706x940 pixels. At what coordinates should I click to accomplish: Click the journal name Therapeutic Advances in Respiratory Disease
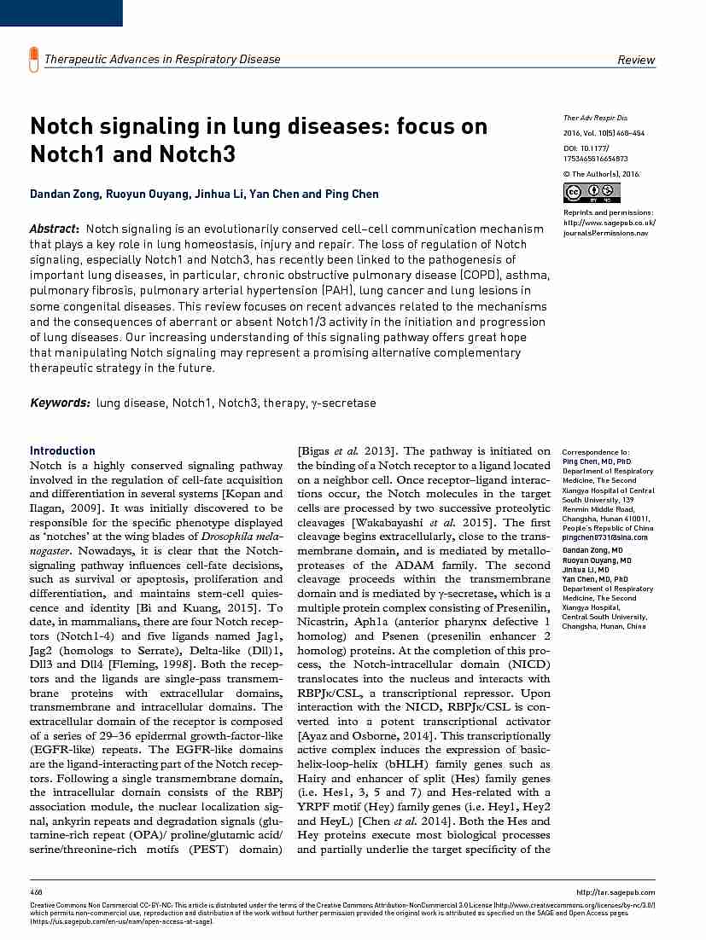point(162,59)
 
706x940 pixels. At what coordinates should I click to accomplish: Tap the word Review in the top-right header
point(636,60)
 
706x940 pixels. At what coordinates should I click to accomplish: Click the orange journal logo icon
point(34,59)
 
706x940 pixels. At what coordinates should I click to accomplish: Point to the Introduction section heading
point(62,450)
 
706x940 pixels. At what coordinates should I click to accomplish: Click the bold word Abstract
point(54,229)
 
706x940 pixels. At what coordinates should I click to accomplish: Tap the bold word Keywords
point(60,403)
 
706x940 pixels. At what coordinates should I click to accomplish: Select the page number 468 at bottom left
point(36,892)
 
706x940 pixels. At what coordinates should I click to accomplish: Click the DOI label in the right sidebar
point(570,147)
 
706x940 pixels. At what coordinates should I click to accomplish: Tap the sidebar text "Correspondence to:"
point(596,451)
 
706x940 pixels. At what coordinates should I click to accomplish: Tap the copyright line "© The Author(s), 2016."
point(601,174)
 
